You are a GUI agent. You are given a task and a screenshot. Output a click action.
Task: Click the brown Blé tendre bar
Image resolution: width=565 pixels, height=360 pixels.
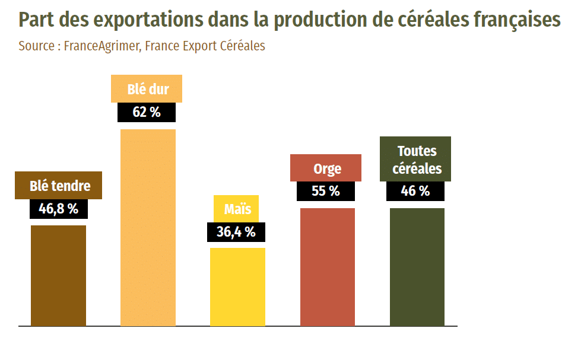pyautogui.click(x=58, y=276)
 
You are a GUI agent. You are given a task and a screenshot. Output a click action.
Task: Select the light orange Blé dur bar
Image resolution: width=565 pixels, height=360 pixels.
pyautogui.click(x=148, y=228)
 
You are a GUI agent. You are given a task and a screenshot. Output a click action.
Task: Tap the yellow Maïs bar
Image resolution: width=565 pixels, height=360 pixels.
pyautogui.click(x=237, y=287)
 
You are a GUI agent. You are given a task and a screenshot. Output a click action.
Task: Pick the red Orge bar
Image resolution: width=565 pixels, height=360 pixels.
pyautogui.click(x=328, y=267)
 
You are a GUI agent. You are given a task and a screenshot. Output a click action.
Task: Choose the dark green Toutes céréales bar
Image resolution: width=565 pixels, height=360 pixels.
pyautogui.click(x=417, y=267)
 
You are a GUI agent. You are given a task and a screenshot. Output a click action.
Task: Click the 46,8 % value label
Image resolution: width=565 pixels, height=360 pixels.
pyautogui.click(x=58, y=209)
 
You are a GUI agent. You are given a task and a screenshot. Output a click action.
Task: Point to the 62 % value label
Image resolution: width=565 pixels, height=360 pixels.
pyautogui.click(x=147, y=111)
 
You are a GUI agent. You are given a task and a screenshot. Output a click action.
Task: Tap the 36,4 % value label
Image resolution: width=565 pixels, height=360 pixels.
pyautogui.click(x=236, y=232)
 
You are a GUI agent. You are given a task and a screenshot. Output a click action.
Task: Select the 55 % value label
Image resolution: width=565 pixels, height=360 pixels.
pyautogui.click(x=326, y=191)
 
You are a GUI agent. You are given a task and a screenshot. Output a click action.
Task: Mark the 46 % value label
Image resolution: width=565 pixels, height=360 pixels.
pyautogui.click(x=415, y=191)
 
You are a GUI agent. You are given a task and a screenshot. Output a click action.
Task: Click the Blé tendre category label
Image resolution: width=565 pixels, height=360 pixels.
pyautogui.click(x=59, y=186)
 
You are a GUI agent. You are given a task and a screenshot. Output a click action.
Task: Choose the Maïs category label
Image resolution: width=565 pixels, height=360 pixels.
pyautogui.click(x=237, y=209)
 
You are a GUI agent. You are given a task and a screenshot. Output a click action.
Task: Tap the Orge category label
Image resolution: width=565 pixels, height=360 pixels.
pyautogui.click(x=327, y=168)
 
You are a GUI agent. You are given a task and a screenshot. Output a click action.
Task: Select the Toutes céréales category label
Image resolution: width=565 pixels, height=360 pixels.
pyautogui.click(x=417, y=160)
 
